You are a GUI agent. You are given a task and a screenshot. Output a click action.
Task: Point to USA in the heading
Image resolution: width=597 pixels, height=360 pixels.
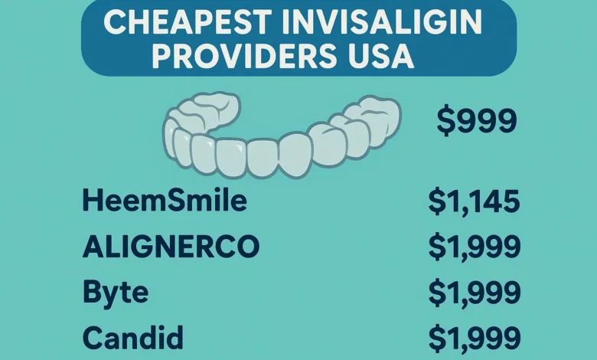point(377,56)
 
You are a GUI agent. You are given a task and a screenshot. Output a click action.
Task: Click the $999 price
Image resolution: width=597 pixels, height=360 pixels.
point(476,121)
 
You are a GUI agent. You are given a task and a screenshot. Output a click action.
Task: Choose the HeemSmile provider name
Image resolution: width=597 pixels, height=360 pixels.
point(164,201)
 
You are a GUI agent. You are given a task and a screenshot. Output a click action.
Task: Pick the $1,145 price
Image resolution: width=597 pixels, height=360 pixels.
point(474,201)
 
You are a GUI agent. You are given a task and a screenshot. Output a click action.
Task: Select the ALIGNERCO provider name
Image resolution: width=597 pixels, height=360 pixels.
point(170,247)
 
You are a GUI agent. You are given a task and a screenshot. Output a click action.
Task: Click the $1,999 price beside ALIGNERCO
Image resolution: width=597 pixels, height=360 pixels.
point(474,247)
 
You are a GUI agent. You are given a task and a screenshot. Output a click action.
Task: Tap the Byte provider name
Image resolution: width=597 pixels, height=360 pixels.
point(115,293)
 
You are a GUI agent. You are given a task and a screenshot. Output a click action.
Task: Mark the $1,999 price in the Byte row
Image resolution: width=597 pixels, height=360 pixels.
point(474,293)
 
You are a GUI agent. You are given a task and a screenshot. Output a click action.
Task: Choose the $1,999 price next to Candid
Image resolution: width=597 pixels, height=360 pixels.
point(474,338)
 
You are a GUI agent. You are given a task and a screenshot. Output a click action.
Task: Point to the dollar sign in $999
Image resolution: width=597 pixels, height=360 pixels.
point(445,121)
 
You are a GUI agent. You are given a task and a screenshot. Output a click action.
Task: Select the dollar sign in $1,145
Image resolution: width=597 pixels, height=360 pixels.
point(437,201)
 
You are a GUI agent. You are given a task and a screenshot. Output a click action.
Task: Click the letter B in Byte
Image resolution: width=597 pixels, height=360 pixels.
point(92,293)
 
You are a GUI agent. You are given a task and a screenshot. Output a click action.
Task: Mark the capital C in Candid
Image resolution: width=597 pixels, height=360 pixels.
point(92,337)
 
